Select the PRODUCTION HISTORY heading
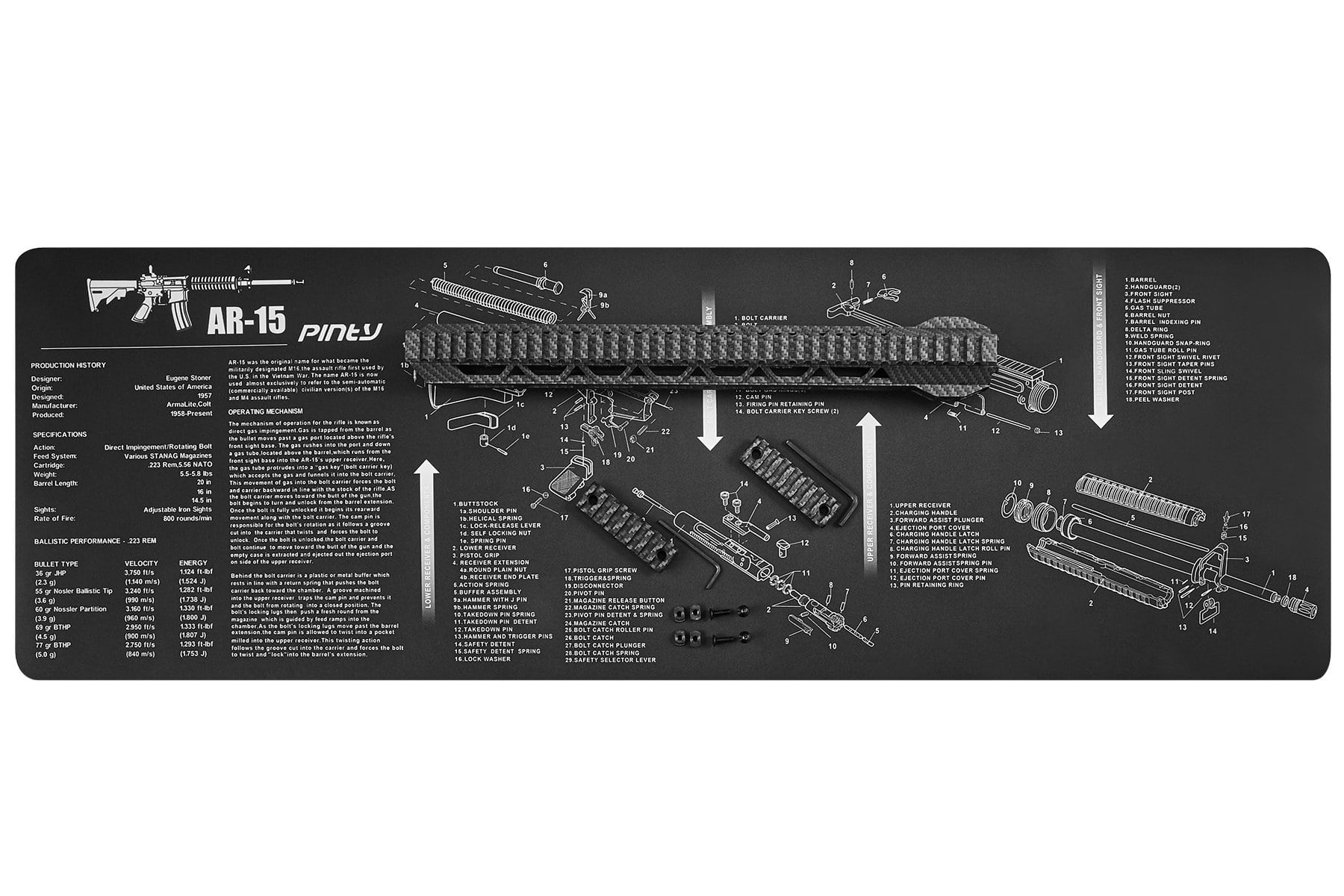(68, 365)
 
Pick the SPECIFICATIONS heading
(60, 434)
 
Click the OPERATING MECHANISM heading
(265, 411)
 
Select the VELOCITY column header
(141, 564)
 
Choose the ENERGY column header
(193, 564)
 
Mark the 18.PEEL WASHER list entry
(1151, 399)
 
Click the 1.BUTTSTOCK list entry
(478, 505)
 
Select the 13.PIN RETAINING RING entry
(927, 585)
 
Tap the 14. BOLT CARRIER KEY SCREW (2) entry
(787, 412)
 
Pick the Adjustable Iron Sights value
(178, 509)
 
